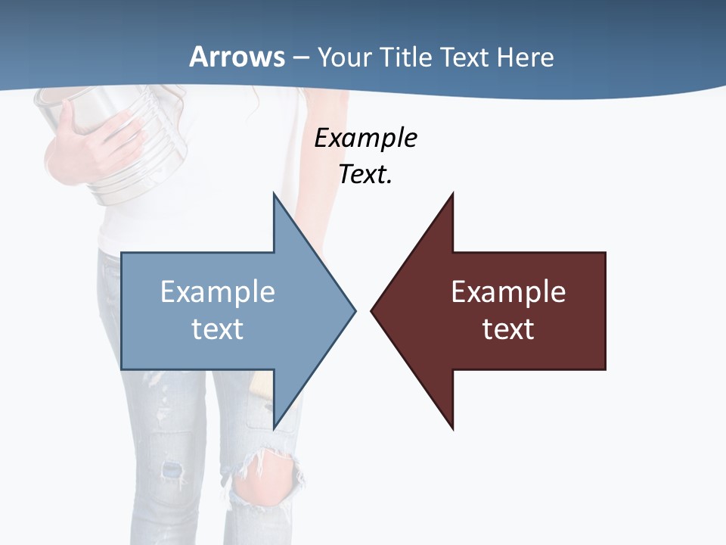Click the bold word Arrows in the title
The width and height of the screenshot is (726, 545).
237,57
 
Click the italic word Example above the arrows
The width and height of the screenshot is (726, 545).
365,139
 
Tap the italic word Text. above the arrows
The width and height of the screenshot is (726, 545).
365,175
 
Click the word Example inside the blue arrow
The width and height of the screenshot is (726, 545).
218,291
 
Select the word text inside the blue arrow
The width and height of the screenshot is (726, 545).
218,329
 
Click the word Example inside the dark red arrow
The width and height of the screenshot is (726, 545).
508,291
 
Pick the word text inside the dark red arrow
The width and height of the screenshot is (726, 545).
508,329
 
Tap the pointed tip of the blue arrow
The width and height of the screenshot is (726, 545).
355,310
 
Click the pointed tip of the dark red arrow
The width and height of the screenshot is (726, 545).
371,310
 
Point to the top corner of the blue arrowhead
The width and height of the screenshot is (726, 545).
274,194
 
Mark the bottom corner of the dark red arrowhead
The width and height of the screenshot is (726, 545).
452,428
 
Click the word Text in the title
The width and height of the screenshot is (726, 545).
466,57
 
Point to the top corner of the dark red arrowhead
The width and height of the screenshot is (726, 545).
452,194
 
